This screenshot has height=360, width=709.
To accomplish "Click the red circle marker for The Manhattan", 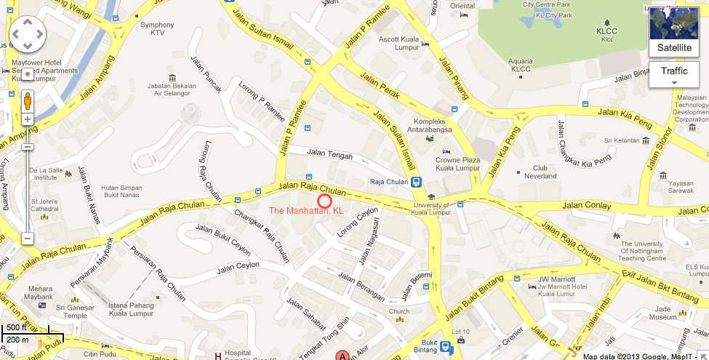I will [324, 201].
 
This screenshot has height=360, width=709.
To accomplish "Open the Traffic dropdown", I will [674, 75].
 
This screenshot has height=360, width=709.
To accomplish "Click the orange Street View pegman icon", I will [28, 100].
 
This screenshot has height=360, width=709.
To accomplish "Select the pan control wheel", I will [28, 33].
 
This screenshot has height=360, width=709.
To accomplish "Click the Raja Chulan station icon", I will [415, 182].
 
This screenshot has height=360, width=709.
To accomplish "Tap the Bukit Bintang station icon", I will [448, 348].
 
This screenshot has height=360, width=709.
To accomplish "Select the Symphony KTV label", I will [152, 28].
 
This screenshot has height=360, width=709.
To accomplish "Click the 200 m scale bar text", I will [18, 339].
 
